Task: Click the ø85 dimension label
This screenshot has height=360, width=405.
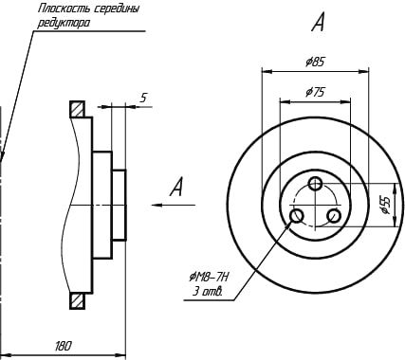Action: click(x=315, y=62)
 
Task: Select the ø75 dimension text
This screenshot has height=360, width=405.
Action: click(x=315, y=92)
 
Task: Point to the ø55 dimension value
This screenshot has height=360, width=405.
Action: click(x=386, y=205)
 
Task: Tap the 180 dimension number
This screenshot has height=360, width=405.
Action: click(x=64, y=346)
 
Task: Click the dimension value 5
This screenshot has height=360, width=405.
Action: click(x=143, y=98)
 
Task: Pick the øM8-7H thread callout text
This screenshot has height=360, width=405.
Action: click(x=209, y=278)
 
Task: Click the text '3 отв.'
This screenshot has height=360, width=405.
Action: click(x=208, y=292)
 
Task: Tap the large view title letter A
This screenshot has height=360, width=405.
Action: click(x=318, y=22)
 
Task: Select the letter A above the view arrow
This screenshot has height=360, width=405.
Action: click(x=176, y=187)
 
